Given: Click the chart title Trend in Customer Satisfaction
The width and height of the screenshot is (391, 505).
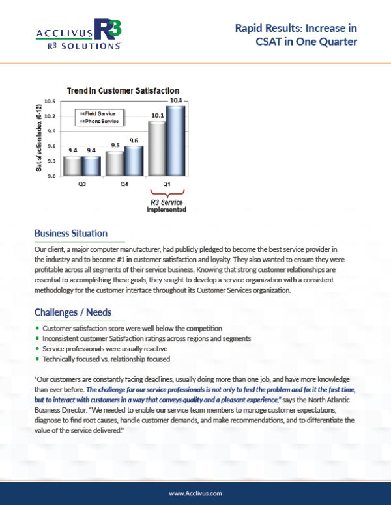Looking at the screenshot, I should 123,90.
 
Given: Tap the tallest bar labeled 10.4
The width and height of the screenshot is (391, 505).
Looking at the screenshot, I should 175,140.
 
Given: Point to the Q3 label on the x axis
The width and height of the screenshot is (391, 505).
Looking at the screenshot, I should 83,184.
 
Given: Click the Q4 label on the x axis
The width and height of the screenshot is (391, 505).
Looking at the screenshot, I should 124,184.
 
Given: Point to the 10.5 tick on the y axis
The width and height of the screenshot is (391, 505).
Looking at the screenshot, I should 50,102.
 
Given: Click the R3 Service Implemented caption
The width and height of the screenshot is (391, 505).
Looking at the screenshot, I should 166,206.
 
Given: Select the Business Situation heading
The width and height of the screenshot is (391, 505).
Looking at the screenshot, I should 71,233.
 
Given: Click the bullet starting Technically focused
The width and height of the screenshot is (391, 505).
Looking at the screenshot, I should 104,359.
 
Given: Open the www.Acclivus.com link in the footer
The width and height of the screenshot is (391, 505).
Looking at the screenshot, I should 195,494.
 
